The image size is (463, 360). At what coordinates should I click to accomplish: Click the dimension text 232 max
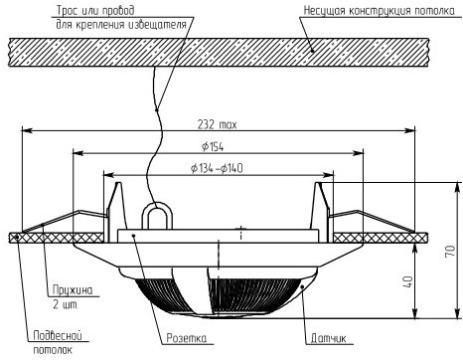(217, 124)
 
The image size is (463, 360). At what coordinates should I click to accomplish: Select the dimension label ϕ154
(213, 147)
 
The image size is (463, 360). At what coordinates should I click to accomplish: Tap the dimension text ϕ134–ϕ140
(217, 168)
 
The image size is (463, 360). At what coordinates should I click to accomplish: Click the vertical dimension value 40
(408, 282)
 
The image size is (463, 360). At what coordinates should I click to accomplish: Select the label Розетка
(186, 338)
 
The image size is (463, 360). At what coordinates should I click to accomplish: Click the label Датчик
(328, 338)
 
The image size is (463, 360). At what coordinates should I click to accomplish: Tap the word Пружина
(73, 290)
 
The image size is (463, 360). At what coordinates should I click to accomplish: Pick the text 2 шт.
(65, 304)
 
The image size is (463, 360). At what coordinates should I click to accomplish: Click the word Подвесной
(58, 336)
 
